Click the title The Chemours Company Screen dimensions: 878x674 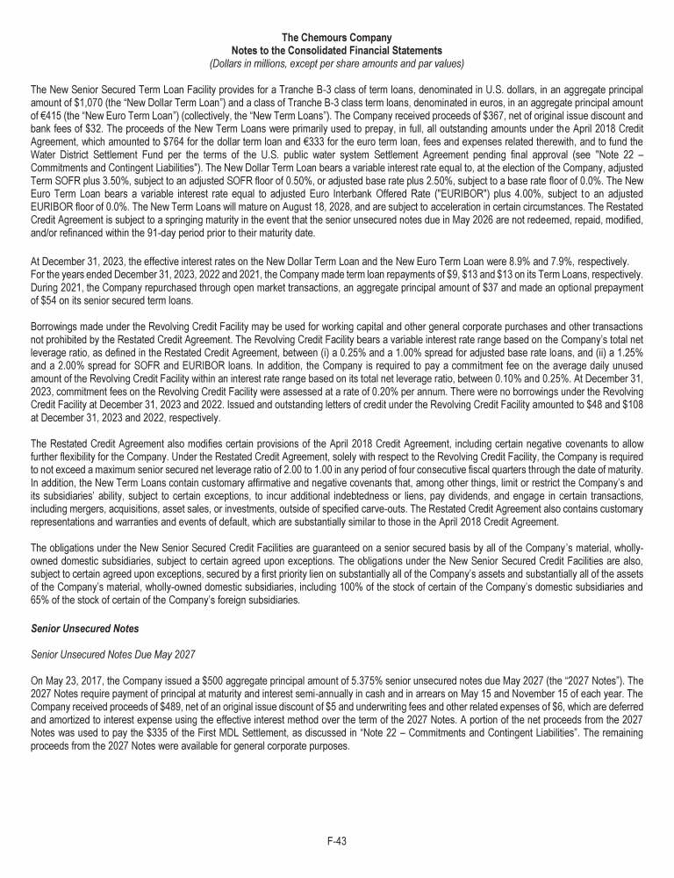tap(337, 37)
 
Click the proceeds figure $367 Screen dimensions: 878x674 tap(476, 116)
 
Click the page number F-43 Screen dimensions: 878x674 tap(337, 841)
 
